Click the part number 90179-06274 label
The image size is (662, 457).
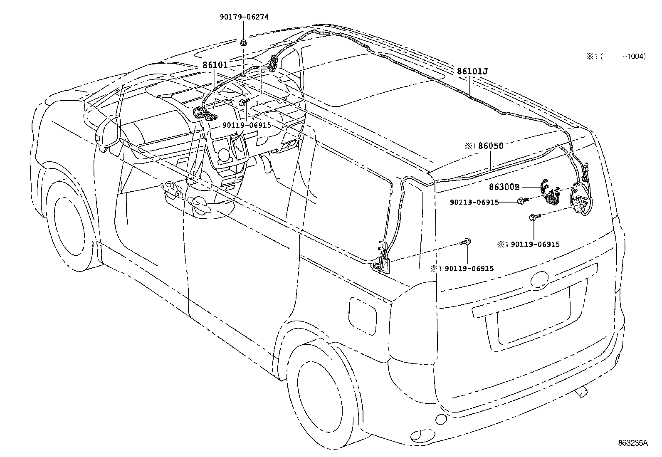click(244, 17)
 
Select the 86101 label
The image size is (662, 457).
click(215, 65)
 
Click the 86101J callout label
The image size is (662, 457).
click(472, 72)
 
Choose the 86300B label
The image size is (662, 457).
click(504, 187)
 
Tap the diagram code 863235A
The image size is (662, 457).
click(632, 443)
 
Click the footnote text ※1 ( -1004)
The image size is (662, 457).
click(616, 57)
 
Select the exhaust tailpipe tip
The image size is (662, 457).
click(582, 391)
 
